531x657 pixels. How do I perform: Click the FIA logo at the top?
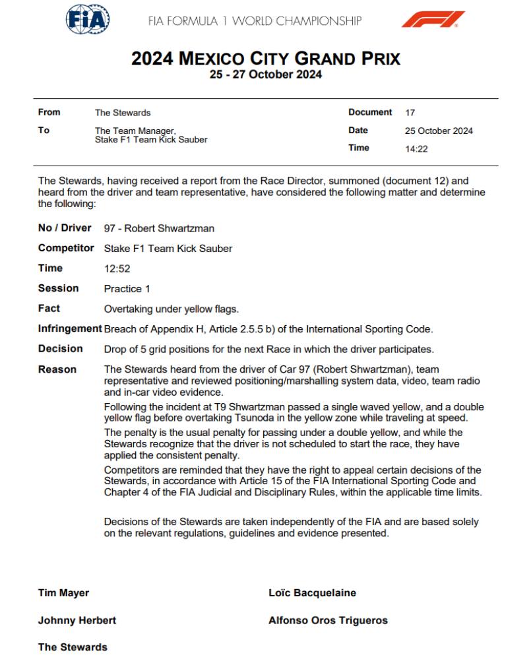point(88,20)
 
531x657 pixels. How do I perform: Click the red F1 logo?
point(433,20)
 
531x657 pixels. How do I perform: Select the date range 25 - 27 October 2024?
point(265,75)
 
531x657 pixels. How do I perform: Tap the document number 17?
point(410,113)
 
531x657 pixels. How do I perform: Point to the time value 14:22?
point(416,149)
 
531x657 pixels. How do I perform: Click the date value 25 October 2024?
point(439,131)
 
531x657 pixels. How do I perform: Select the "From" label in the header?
point(49,113)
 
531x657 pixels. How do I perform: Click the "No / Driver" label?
point(65,228)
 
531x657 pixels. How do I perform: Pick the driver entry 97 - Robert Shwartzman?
point(159,229)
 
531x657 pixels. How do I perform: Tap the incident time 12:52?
point(116,269)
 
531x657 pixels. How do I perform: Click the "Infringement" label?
point(70,328)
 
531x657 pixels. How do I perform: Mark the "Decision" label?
point(61,349)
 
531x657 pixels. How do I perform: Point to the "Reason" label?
point(57,369)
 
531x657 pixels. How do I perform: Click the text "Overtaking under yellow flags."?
point(172,309)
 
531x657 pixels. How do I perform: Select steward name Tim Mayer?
point(63,593)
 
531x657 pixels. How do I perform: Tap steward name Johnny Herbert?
point(77,620)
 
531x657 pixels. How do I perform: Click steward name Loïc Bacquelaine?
point(312,593)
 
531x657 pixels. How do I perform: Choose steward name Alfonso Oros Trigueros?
point(328,620)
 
